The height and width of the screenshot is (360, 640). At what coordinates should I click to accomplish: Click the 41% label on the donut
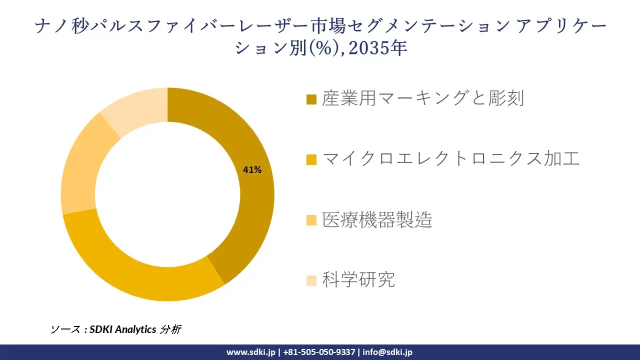(252, 170)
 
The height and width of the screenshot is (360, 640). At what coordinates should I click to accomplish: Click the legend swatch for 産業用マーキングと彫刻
(311, 99)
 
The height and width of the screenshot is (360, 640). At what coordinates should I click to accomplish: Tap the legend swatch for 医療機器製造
(311, 220)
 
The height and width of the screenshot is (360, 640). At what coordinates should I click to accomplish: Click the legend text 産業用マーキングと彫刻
(423, 98)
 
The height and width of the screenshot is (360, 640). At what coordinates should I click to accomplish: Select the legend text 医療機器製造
(377, 219)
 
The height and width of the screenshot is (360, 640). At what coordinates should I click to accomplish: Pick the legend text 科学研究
(358, 280)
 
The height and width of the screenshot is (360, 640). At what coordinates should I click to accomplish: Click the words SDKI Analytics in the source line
(122, 329)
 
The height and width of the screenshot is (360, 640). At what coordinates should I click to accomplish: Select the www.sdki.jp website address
(250, 352)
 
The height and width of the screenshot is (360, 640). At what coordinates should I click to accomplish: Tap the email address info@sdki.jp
(387, 352)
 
